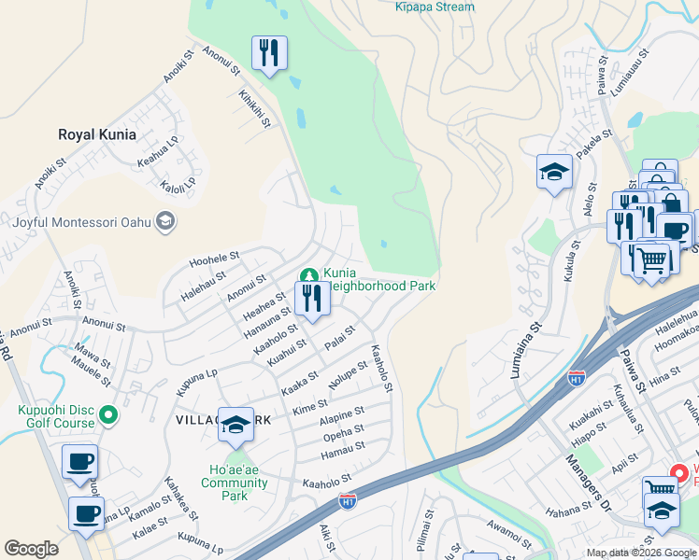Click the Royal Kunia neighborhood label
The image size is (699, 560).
pos(97,134)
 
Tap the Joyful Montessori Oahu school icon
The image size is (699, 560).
pos(165,221)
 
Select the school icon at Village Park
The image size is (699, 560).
pos(237,426)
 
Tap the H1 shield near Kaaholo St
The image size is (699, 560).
pos(347,501)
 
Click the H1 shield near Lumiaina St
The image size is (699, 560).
pos(577,379)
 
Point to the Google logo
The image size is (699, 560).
pos(32,549)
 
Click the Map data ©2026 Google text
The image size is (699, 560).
pos(640,553)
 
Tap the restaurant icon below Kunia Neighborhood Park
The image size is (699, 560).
pos(310,298)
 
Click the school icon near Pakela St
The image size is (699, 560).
pos(554,172)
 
